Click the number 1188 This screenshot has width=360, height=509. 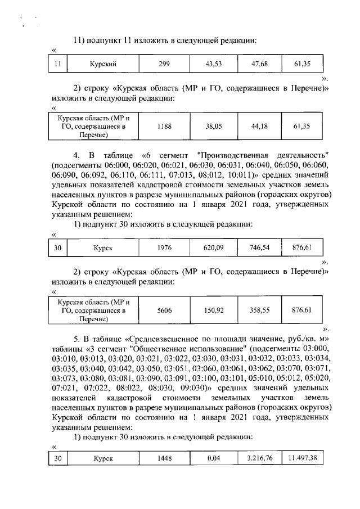pos(164,127)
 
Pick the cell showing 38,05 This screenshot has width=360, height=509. pos(214,127)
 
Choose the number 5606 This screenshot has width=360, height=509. pos(164,309)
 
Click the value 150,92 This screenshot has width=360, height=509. pos(214,309)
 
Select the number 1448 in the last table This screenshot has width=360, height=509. pos(164,458)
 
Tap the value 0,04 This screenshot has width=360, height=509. pos(214,458)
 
